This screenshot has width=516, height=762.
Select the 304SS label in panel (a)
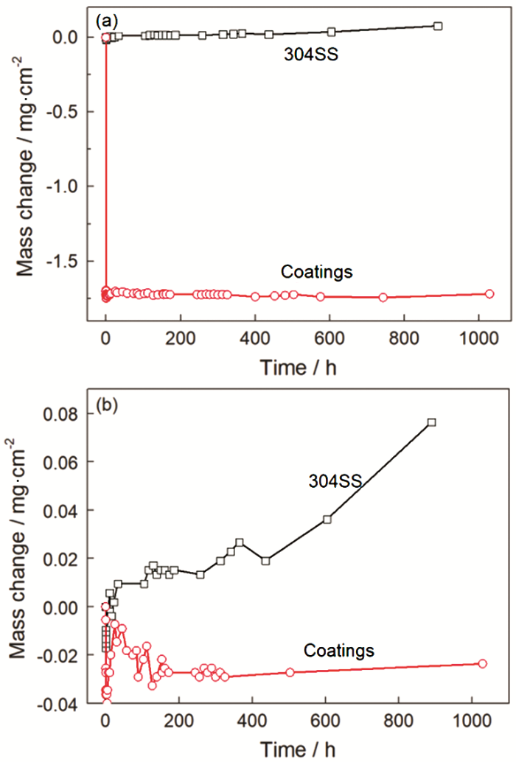[x=310, y=55]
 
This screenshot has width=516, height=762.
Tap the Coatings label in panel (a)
[x=317, y=271]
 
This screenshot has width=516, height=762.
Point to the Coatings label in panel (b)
[x=339, y=651]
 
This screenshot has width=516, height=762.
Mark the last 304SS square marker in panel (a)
[x=438, y=26]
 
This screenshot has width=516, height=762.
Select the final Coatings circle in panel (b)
[x=483, y=663]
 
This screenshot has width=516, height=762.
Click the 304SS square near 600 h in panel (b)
[x=327, y=519]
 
